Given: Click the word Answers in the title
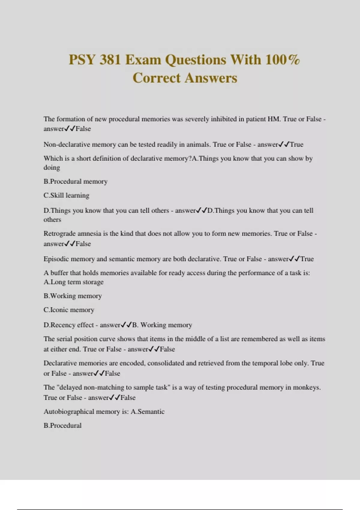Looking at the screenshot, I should [x=211, y=78].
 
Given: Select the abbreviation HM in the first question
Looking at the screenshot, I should [x=274, y=119].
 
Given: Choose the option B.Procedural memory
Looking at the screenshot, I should [x=75, y=181].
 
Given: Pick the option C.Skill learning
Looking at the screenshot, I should [x=66, y=196].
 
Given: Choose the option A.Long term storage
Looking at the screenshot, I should [x=73, y=282].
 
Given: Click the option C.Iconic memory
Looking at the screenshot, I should [x=69, y=310].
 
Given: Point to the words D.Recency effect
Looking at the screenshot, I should [x=69, y=325].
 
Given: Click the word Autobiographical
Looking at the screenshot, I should [x=69, y=412].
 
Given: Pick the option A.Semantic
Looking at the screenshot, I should [x=148, y=412].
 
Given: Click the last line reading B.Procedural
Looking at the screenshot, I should [x=62, y=426].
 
